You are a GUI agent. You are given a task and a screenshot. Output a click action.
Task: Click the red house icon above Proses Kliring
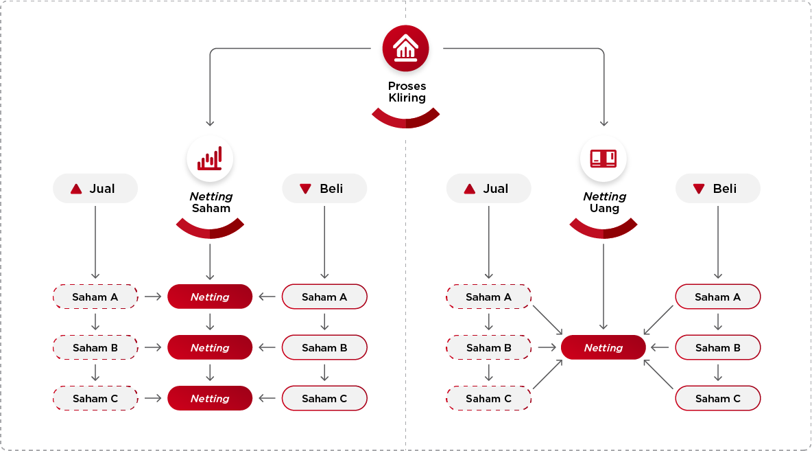click(405, 48)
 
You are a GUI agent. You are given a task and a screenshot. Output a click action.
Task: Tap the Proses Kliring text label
click(407, 92)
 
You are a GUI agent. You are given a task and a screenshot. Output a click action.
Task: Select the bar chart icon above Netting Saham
click(210, 159)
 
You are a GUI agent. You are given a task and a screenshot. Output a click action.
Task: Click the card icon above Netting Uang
click(604, 159)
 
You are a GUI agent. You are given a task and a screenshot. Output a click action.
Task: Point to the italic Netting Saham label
click(211, 203)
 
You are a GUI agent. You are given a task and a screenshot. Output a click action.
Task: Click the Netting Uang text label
click(604, 203)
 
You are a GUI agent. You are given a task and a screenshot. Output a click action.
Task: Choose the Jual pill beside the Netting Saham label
click(95, 189)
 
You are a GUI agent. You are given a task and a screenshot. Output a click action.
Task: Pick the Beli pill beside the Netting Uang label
click(718, 189)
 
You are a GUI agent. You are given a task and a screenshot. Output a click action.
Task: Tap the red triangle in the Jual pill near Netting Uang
click(470, 189)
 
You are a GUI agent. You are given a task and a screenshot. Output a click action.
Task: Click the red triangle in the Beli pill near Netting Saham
click(306, 189)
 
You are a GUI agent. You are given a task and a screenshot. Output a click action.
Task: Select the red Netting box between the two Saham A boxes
click(210, 297)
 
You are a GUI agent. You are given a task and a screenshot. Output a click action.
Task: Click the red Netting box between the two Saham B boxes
click(210, 348)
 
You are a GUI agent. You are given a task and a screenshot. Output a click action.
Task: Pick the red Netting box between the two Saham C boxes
click(210, 399)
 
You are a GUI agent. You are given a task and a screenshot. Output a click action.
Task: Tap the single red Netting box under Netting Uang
click(604, 348)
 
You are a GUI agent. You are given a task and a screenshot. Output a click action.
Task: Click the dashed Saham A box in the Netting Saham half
click(95, 297)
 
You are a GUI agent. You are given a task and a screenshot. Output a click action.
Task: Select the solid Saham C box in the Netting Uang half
click(718, 399)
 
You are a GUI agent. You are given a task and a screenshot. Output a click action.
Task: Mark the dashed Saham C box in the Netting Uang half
click(489, 399)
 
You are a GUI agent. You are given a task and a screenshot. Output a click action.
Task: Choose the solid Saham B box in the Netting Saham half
click(324, 348)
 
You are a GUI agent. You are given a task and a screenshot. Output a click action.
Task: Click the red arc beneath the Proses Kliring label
click(405, 121)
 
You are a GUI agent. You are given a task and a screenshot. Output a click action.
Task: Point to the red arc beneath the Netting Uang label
click(604, 231)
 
